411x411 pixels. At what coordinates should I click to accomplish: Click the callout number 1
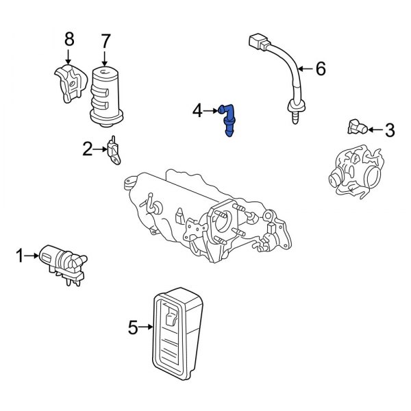(x=20, y=256)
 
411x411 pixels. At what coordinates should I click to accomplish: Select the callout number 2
(x=87, y=148)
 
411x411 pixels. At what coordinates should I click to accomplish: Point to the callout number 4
(x=197, y=110)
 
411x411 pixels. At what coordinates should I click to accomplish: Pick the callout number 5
(x=133, y=329)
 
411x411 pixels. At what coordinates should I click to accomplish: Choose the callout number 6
(x=321, y=68)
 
